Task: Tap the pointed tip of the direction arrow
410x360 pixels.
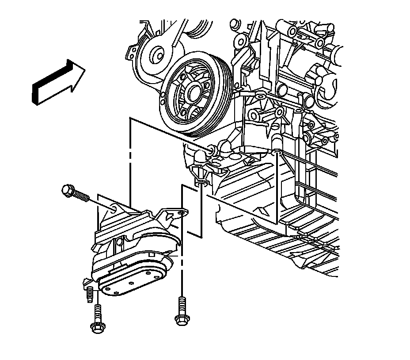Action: pos(85,67)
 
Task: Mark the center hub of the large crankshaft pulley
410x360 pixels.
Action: pos(193,92)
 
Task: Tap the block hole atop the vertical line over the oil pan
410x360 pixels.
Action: pos(276,153)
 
